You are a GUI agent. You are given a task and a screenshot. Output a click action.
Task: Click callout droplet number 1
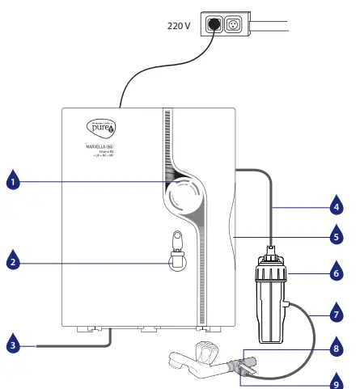(13, 182)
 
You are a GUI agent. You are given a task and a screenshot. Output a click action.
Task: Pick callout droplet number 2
(13, 261)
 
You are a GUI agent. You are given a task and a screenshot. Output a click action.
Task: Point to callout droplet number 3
(13, 345)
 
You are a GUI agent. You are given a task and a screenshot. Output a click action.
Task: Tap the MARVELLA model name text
(100, 146)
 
